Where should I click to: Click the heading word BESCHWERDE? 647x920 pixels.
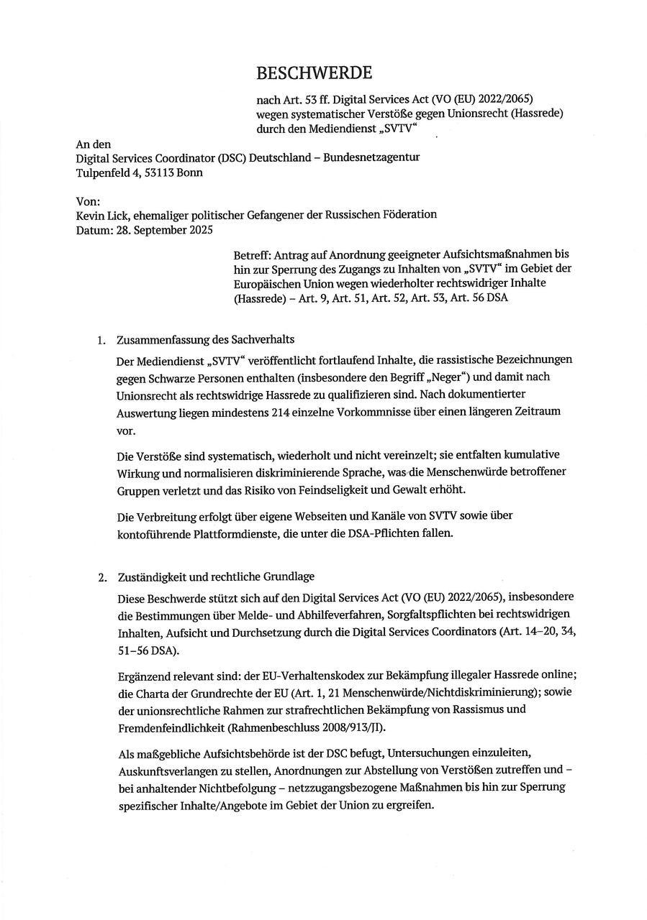click(314, 73)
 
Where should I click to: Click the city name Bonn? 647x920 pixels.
click(191, 172)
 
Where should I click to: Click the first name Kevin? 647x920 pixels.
click(91, 215)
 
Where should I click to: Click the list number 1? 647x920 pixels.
click(101, 340)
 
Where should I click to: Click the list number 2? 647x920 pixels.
click(101, 577)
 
